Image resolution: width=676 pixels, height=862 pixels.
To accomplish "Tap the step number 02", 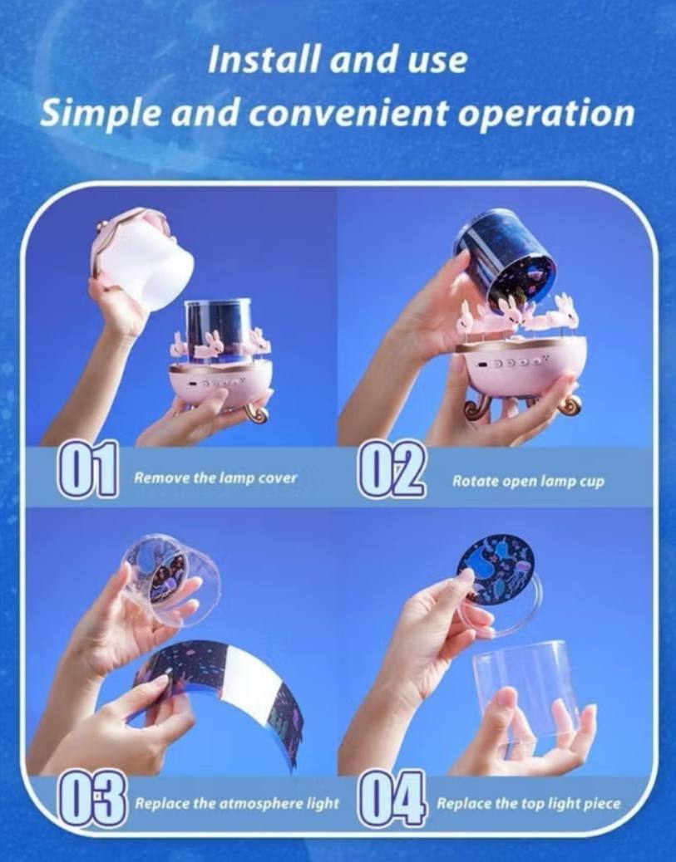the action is click(393, 469).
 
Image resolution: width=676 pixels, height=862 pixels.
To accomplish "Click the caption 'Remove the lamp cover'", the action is click(216, 478).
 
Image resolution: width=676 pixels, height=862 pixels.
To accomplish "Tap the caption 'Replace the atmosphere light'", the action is click(237, 804).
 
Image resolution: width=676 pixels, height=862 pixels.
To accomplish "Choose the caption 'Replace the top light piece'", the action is click(529, 804).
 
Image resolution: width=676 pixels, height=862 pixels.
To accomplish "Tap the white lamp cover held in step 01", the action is click(144, 260).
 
